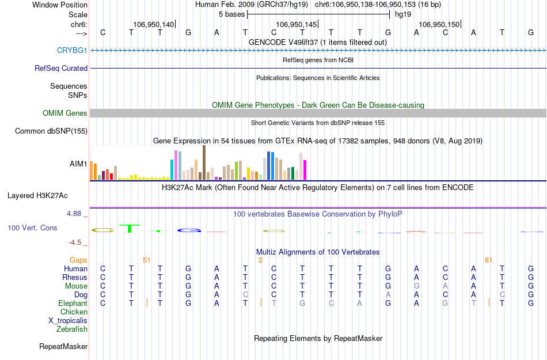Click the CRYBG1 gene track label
point(72,50)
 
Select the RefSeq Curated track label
point(61,68)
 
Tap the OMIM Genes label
point(65,113)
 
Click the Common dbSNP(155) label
point(51,131)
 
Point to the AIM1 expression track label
point(78,164)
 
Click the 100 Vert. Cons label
point(32,228)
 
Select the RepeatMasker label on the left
point(63,347)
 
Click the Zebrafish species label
point(72,329)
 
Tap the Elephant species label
point(73,303)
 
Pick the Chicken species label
point(74,312)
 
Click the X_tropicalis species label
point(68,321)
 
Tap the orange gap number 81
point(488,260)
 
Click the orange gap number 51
point(146,260)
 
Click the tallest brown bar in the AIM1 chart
point(204,162)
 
